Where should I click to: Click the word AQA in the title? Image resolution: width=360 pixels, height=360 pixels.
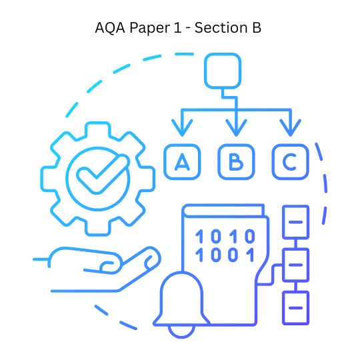click(x=110, y=28)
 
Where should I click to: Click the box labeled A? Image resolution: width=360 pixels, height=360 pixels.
click(x=182, y=161)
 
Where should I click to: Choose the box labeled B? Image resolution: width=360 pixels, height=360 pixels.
click(x=236, y=161)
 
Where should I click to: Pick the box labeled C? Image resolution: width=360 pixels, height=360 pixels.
click(x=291, y=161)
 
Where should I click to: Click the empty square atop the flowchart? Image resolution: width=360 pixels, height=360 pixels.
click(x=223, y=71)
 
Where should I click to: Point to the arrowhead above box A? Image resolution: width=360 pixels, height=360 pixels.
click(x=182, y=127)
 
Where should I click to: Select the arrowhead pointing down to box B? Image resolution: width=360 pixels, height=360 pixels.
click(x=236, y=127)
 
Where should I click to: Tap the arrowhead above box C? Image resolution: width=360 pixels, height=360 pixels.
click(x=291, y=127)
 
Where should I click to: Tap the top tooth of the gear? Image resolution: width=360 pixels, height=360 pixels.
click(x=98, y=129)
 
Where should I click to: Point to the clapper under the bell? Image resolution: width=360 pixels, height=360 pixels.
click(x=181, y=332)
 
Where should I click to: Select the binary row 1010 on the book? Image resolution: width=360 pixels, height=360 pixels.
click(x=225, y=236)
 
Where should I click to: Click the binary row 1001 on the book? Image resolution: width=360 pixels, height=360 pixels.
click(x=225, y=255)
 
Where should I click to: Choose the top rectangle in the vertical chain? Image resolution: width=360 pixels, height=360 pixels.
click(x=296, y=222)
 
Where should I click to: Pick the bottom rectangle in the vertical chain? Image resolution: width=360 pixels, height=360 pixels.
click(x=296, y=308)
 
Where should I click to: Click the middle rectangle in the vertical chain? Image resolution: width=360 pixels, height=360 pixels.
click(x=296, y=265)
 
